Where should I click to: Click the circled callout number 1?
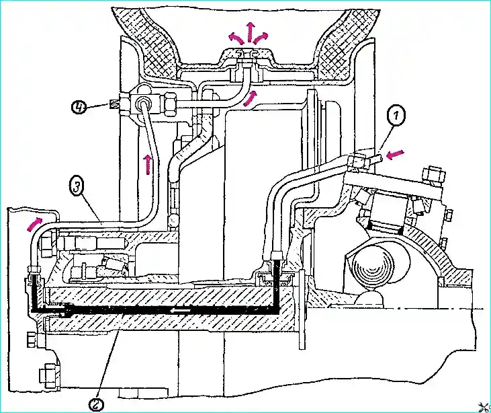(x=396, y=116)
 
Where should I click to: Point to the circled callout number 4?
(x=79, y=108)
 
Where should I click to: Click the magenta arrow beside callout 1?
(x=395, y=153)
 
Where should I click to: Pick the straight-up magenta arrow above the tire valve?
(x=250, y=32)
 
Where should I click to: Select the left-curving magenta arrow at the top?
(x=236, y=38)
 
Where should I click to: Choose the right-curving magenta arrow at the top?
(x=261, y=38)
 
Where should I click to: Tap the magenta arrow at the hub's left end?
(x=34, y=224)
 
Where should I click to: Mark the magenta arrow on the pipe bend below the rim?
(x=251, y=98)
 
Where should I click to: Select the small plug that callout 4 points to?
(x=114, y=104)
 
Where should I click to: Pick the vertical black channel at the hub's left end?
(x=34, y=293)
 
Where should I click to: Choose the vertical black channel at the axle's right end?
(x=277, y=285)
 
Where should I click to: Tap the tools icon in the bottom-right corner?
(x=485, y=406)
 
